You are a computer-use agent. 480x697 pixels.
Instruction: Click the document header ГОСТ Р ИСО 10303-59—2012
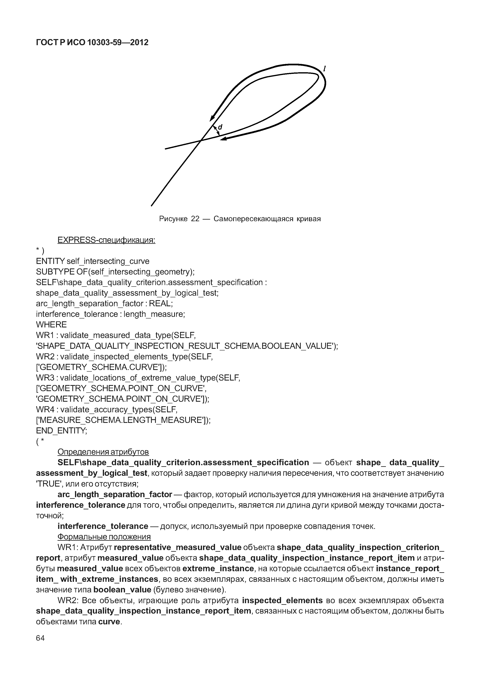click(x=92, y=43)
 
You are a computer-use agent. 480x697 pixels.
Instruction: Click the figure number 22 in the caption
click(x=195, y=219)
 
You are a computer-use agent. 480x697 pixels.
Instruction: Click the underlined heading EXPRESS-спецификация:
click(x=106, y=240)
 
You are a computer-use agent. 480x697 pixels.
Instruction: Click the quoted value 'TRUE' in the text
click(x=48, y=484)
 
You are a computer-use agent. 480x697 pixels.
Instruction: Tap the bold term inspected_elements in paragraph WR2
click(x=282, y=601)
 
